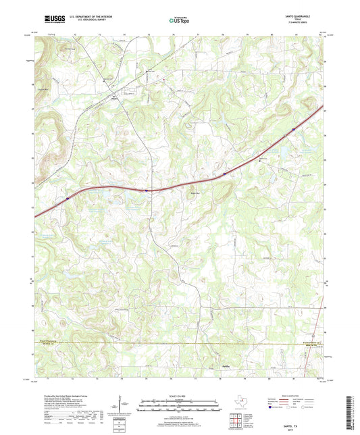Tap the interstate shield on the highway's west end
(68, 199)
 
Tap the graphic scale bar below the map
(178, 407)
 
